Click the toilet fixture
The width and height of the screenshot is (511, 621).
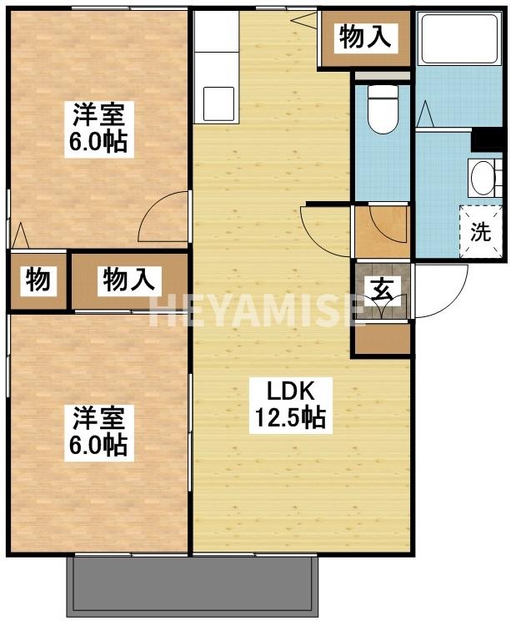(x=383, y=109)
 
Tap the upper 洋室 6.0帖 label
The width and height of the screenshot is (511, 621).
(x=98, y=127)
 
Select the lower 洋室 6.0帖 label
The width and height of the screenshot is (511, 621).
(x=98, y=431)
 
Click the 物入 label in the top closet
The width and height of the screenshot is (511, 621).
(x=365, y=38)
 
